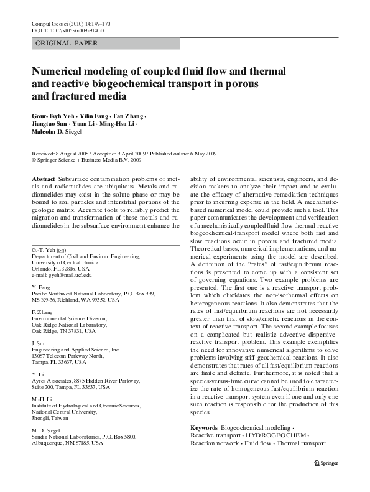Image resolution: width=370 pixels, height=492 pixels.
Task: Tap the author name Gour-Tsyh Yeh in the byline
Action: pyautogui.click(x=52, y=117)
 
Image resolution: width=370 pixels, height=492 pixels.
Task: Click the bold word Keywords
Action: pyautogui.click(x=203, y=429)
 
